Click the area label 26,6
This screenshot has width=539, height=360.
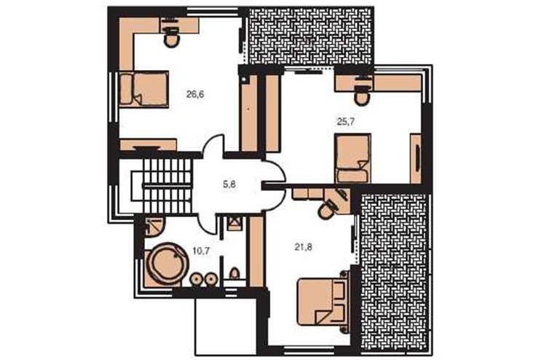pos(195,94)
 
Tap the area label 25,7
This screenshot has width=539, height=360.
pos(345,122)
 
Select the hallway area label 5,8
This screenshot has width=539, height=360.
pos(229,184)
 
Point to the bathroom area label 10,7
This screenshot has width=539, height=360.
pos(201,251)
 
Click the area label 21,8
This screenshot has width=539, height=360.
pos(304,247)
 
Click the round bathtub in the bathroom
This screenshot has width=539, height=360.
pos(166,264)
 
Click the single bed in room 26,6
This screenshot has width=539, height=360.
pos(143,89)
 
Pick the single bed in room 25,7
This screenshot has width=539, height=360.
pos(353,158)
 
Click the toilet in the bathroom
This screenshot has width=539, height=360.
pos(235,274)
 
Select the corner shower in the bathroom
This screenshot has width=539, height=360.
pos(154,226)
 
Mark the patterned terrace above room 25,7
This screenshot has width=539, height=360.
pos(311,36)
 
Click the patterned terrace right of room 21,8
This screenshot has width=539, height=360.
pos(394,273)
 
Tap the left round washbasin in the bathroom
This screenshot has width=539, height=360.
pos(197,279)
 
